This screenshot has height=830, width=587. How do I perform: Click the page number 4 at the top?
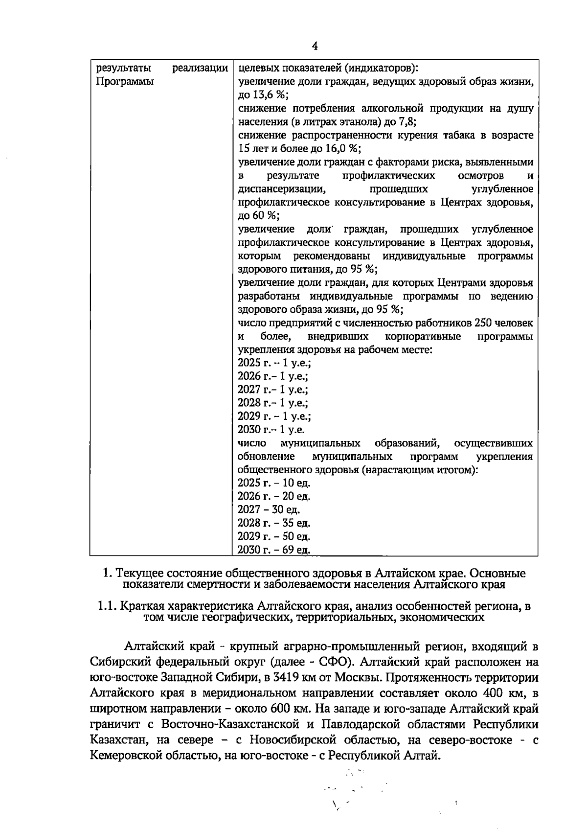pyautogui.click(x=315, y=46)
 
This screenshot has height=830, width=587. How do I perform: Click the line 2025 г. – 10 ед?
pyautogui.click(x=274, y=483)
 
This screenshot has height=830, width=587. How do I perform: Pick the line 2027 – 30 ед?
pyautogui.click(x=269, y=509)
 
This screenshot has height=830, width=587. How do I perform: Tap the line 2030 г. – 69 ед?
pyautogui.click(x=274, y=550)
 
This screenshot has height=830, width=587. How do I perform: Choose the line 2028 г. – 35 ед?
pyautogui.click(x=274, y=523)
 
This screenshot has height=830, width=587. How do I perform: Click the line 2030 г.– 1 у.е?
pyautogui.click(x=271, y=430)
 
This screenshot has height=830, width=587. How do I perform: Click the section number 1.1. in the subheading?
pyautogui.click(x=107, y=606)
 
